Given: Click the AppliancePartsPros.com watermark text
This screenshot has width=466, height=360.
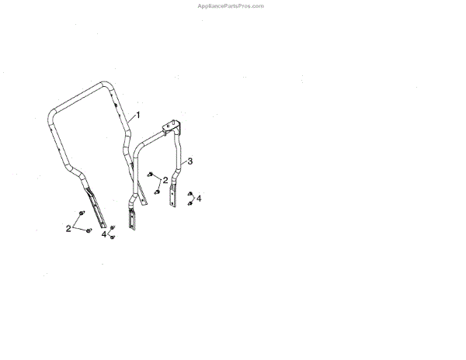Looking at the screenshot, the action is coord(232,5).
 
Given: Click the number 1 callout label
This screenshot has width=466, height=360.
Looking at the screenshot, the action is coord(138,114).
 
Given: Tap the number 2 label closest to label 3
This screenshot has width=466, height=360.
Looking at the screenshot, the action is coord(165,179).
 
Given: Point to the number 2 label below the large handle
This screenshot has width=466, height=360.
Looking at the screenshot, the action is coord(68,228).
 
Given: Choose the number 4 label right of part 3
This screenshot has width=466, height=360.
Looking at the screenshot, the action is coord(199,199).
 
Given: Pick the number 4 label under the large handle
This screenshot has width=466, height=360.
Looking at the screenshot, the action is coord(104,234).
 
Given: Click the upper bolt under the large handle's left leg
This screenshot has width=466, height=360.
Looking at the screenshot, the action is coord(82,213).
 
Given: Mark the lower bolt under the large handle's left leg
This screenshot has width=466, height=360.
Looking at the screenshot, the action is coord(89,230).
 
